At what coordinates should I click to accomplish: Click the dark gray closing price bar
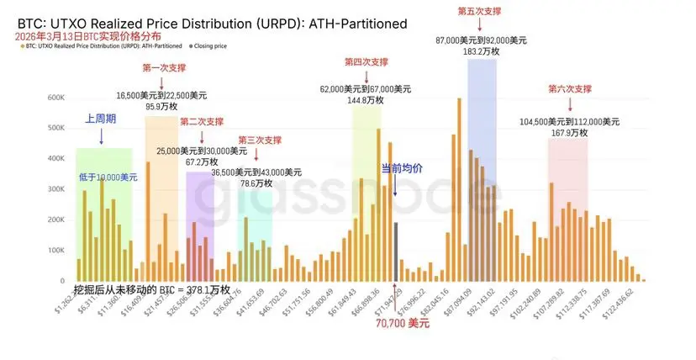[x=396, y=251]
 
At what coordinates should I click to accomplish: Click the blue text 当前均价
[x=402, y=168]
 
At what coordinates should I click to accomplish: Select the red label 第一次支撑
[x=165, y=67]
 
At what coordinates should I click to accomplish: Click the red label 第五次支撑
[x=481, y=11]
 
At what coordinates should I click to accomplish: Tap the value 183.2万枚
[x=482, y=51]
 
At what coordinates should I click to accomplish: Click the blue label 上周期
[x=100, y=119]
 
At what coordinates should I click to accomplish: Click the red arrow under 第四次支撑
[x=366, y=76]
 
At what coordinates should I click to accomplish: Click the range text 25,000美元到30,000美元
[x=201, y=151]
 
